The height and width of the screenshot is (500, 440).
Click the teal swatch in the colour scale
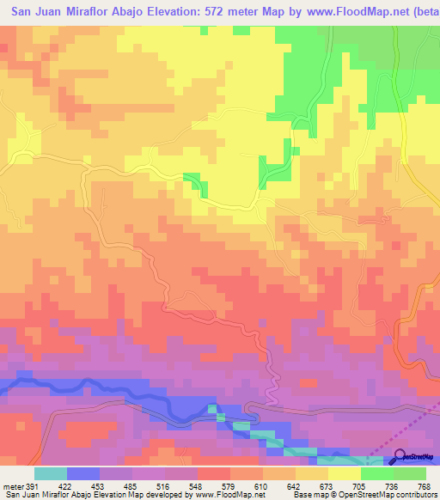pos(51,474)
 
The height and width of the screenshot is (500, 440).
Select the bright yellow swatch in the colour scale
pos(345,474)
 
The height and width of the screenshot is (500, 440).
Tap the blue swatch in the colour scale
pos(83,474)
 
